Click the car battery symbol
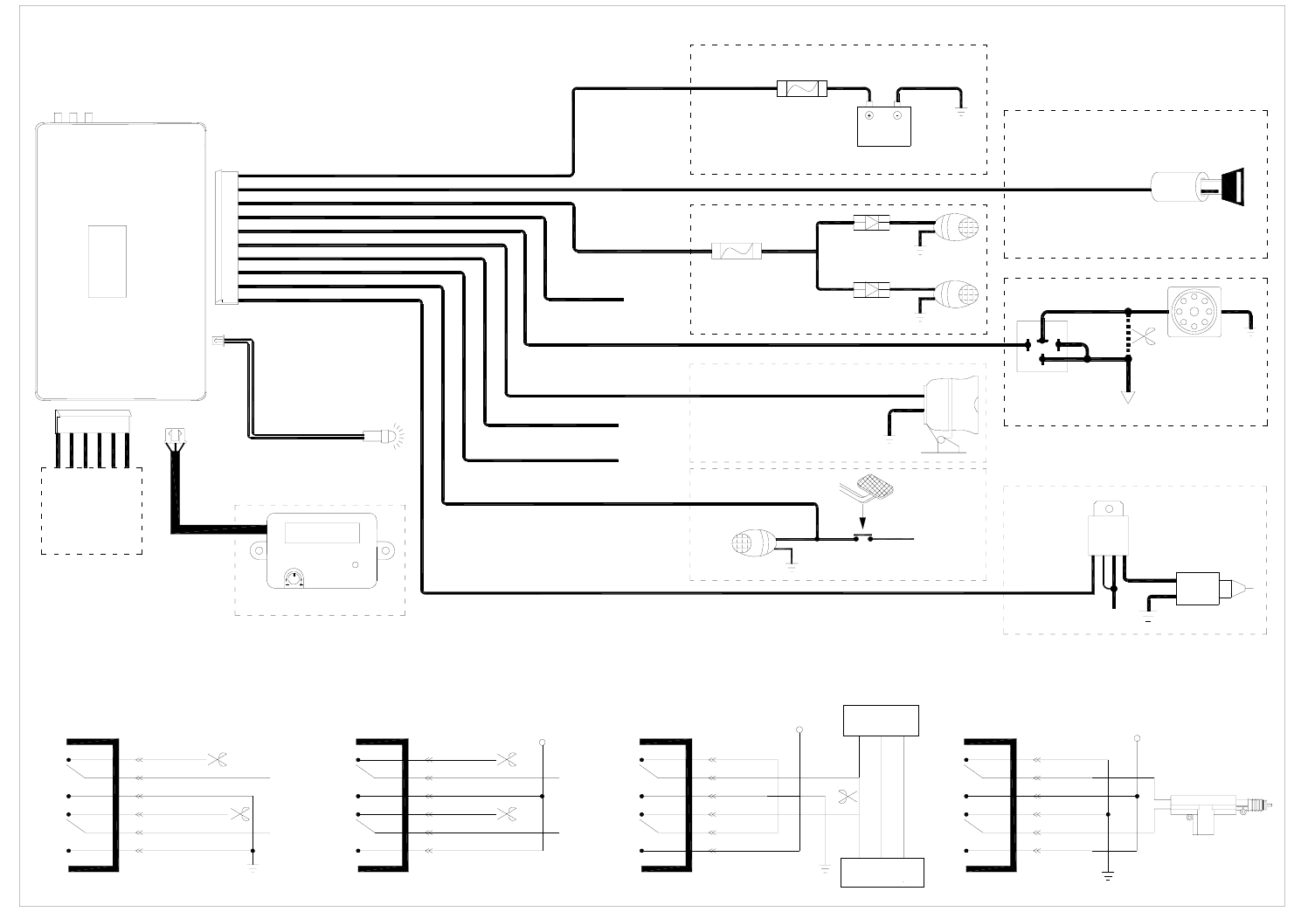point(884,126)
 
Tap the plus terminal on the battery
point(869,114)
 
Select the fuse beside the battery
point(801,87)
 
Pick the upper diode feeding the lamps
point(871,223)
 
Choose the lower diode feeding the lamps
point(871,289)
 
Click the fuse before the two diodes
point(737,252)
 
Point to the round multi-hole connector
point(1194,311)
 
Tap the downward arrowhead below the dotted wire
point(1129,397)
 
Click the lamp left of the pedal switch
point(754,542)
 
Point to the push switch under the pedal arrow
point(862,539)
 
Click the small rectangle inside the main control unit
point(107,261)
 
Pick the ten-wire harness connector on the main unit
point(226,238)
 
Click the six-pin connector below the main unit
point(93,421)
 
